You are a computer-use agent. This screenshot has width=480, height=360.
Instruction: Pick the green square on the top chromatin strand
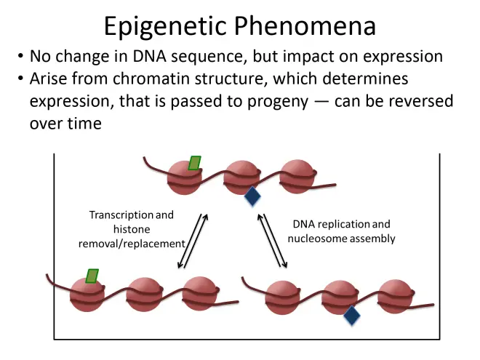click(x=194, y=163)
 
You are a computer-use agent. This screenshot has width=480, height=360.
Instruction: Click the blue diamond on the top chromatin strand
click(x=252, y=196)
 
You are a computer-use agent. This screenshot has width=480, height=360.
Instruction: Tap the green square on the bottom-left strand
click(x=92, y=276)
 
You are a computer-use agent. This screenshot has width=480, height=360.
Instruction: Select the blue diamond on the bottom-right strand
click(x=352, y=315)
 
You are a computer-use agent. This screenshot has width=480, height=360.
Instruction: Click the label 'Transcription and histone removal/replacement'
click(x=132, y=229)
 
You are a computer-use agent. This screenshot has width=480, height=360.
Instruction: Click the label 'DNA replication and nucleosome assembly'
click(x=342, y=231)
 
